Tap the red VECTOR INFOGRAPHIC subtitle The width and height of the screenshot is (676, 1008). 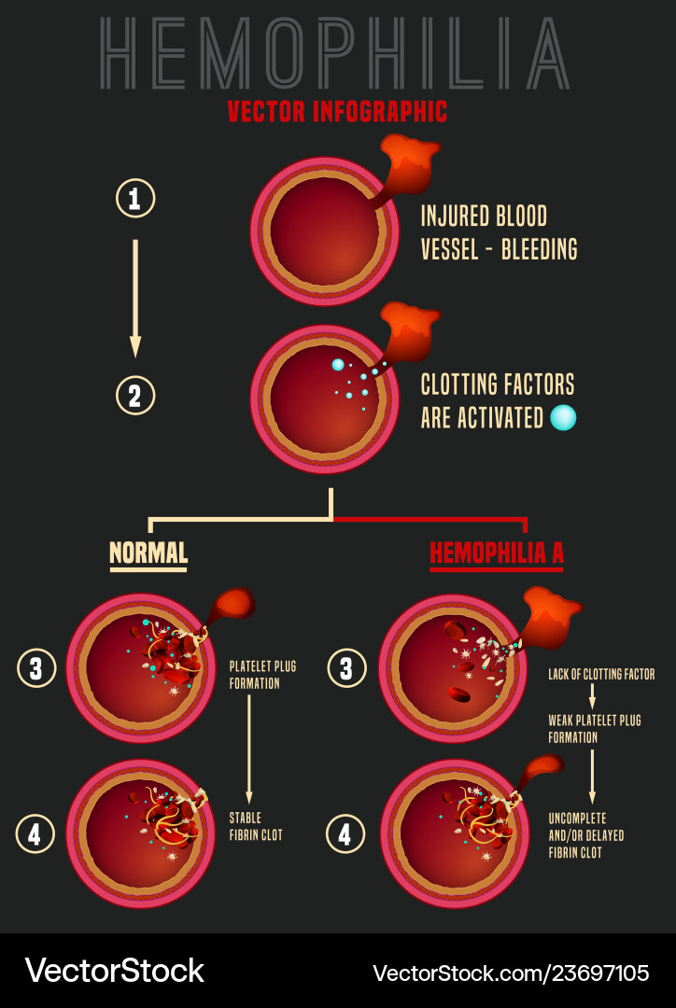(337, 112)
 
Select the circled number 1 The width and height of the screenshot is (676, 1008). (135, 198)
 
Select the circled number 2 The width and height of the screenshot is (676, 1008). (135, 396)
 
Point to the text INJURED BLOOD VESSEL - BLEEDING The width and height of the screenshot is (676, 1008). (499, 232)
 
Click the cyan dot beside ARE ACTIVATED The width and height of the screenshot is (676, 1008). (563, 417)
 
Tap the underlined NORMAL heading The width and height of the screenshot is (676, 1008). (148, 553)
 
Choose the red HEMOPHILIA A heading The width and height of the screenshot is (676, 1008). (496, 553)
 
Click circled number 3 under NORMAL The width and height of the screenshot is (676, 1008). (36, 668)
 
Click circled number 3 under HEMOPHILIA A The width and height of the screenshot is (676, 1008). (346, 668)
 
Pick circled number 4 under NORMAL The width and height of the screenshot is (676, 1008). (35, 833)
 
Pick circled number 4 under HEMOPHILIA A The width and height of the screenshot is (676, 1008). (345, 833)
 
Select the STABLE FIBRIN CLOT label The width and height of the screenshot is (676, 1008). (256, 826)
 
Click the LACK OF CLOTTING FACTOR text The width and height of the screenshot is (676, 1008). (601, 674)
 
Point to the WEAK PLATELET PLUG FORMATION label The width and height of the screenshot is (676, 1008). (594, 729)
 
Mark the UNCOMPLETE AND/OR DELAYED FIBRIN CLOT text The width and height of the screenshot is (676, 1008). (586, 835)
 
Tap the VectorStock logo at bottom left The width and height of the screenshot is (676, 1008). (114, 971)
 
